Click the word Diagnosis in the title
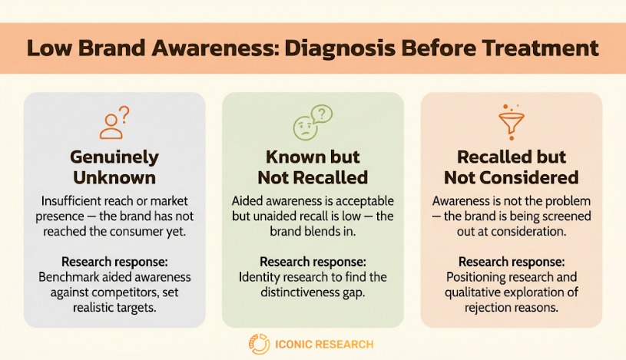point(340,48)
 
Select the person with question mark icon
point(114,123)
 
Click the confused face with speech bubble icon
point(313,123)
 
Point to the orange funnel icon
point(512,122)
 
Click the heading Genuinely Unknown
point(114,167)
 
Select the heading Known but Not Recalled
point(313,167)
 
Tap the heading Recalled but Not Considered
point(512,167)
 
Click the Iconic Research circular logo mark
point(259,344)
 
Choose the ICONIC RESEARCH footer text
point(324,345)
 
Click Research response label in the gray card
point(114,262)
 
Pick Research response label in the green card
point(313,262)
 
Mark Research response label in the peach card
point(512,262)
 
